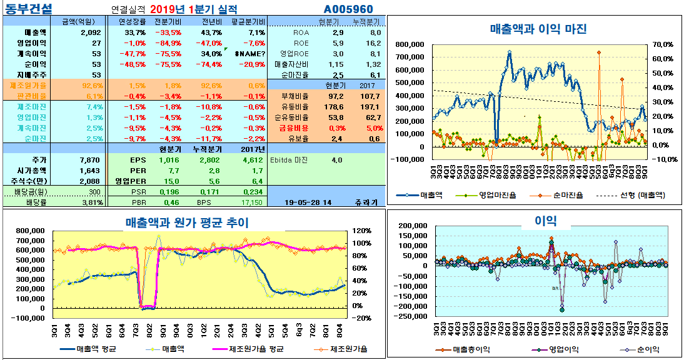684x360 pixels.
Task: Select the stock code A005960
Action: pyautogui.click(x=348, y=9)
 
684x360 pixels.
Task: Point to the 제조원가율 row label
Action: pyautogui.click(x=28, y=85)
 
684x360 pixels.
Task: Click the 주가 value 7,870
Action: pyautogui.click(x=91, y=160)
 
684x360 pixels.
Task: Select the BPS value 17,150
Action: pyautogui.click(x=251, y=202)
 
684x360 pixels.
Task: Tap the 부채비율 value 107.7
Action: pyautogui.click(x=370, y=96)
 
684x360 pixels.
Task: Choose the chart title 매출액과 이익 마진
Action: pyautogui.click(x=538, y=29)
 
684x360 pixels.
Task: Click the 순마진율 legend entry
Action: pyautogui.click(x=565, y=195)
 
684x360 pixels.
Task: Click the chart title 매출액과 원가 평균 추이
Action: pyautogui.click(x=187, y=222)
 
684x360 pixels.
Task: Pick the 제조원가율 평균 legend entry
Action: pyautogui.click(x=257, y=349)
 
